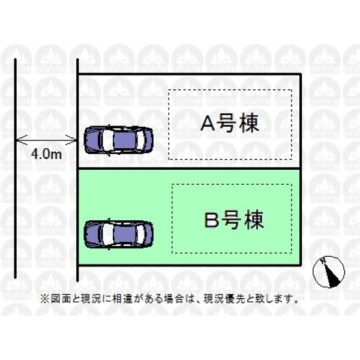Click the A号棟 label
(x=230, y=123)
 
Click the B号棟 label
(x=234, y=220)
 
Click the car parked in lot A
(x=118, y=140)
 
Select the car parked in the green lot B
(x=118, y=234)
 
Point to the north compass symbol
(x=329, y=272)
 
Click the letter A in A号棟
(x=208, y=124)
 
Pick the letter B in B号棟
(x=211, y=220)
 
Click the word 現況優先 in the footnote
(x=224, y=298)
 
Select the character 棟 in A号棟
(x=250, y=123)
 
